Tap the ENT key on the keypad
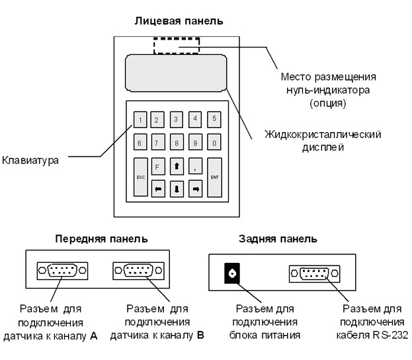[x=214, y=178]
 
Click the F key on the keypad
[x=157, y=168]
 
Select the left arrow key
[x=157, y=189]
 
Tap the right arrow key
[x=196, y=189]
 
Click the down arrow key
[x=177, y=189]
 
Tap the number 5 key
[x=214, y=120]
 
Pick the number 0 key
[x=214, y=142]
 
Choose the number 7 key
[x=157, y=142]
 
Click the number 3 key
[x=177, y=120]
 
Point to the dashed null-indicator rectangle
[x=176, y=46]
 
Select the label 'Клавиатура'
[x=29, y=159]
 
